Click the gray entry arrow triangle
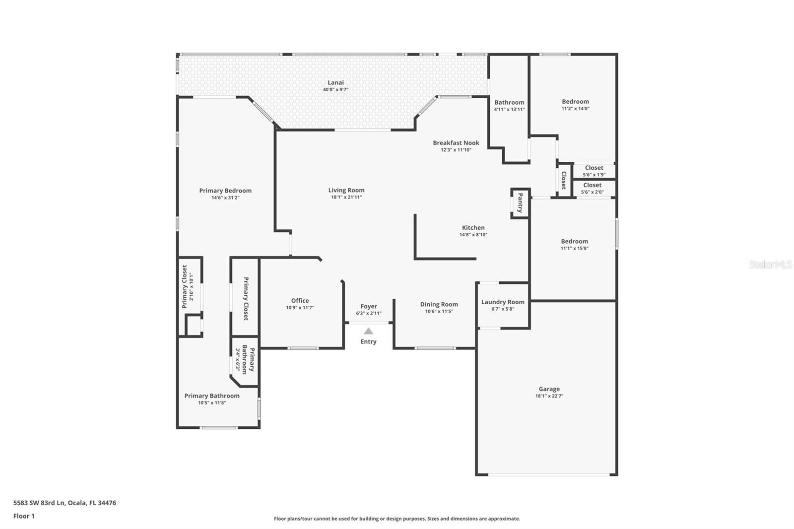(368, 331)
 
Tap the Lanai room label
(335, 82)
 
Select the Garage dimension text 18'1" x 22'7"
(549, 396)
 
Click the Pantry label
(520, 202)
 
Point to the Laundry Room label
(503, 302)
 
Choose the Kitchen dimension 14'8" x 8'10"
(473, 235)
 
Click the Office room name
(300, 301)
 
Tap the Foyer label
(369, 306)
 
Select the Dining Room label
(439, 304)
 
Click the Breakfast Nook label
(456, 143)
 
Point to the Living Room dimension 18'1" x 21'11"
(346, 197)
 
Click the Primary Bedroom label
(225, 191)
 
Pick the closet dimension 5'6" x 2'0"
(592, 192)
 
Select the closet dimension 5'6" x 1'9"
(594, 175)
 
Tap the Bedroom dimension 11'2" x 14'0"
(575, 109)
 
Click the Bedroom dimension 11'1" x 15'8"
(574, 249)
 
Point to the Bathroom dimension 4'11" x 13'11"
(509, 110)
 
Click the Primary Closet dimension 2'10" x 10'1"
(192, 286)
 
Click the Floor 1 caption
(24, 516)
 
